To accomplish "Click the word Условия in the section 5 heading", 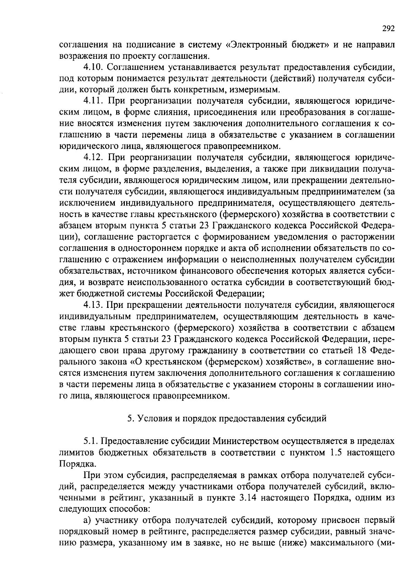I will click(x=151, y=419).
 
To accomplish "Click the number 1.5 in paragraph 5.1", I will click(x=332, y=453).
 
